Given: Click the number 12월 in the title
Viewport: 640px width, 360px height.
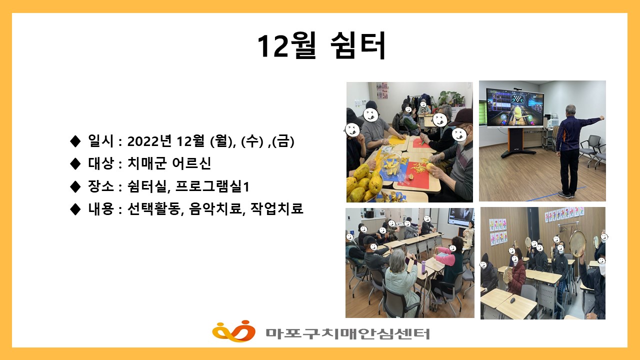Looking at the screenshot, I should [x=286, y=46].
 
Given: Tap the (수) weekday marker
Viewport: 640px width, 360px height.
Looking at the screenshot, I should [x=252, y=141].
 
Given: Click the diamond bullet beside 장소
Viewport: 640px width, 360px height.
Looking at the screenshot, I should [x=75, y=186].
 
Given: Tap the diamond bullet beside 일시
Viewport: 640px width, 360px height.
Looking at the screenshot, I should [x=75, y=141].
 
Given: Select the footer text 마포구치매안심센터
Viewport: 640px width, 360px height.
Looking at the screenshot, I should [x=347, y=333].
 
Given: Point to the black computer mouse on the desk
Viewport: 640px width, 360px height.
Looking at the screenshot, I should [x=513, y=300].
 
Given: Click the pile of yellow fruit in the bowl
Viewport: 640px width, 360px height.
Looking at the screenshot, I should [x=363, y=183].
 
